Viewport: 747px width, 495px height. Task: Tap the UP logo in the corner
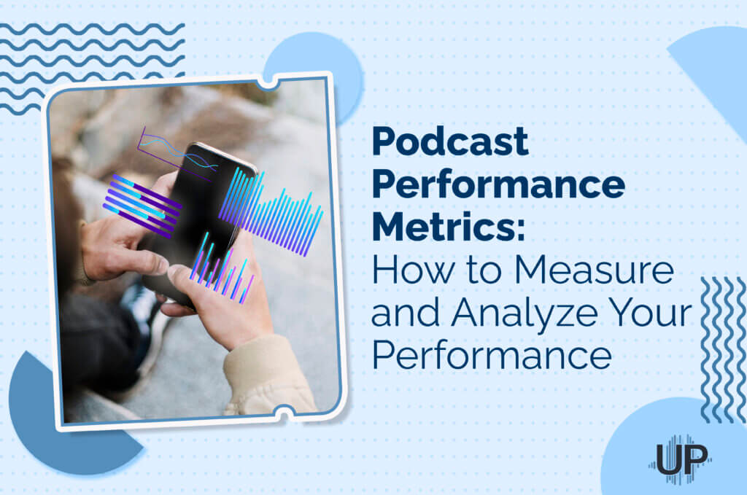click(680, 459)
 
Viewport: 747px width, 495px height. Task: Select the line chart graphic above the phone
click(175, 149)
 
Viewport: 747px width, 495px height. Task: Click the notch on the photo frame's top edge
click(268, 82)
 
